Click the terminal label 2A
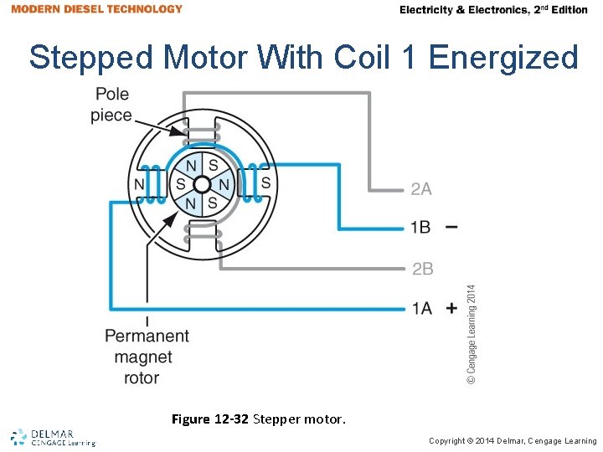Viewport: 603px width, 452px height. [x=421, y=189]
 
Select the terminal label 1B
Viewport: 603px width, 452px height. [x=420, y=228]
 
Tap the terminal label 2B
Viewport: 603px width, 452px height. [x=422, y=269]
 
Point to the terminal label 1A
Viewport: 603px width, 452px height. [x=421, y=308]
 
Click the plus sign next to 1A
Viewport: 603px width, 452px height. [x=451, y=308]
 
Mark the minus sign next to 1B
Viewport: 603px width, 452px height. [x=451, y=227]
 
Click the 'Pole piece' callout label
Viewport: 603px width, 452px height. [x=111, y=105]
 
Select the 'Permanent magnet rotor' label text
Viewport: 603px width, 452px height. [x=147, y=357]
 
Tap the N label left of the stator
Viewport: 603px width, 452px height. [x=139, y=183]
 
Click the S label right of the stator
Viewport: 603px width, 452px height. [x=265, y=182]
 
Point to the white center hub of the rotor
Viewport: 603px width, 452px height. [x=201, y=183]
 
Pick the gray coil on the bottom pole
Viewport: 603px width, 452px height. [x=201, y=237]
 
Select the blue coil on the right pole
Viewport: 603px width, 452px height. [x=249, y=183]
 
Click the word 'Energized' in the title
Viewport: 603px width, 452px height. [x=503, y=58]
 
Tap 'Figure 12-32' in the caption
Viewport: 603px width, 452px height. [x=209, y=419]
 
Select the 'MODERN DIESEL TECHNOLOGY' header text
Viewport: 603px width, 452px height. [x=97, y=9]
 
